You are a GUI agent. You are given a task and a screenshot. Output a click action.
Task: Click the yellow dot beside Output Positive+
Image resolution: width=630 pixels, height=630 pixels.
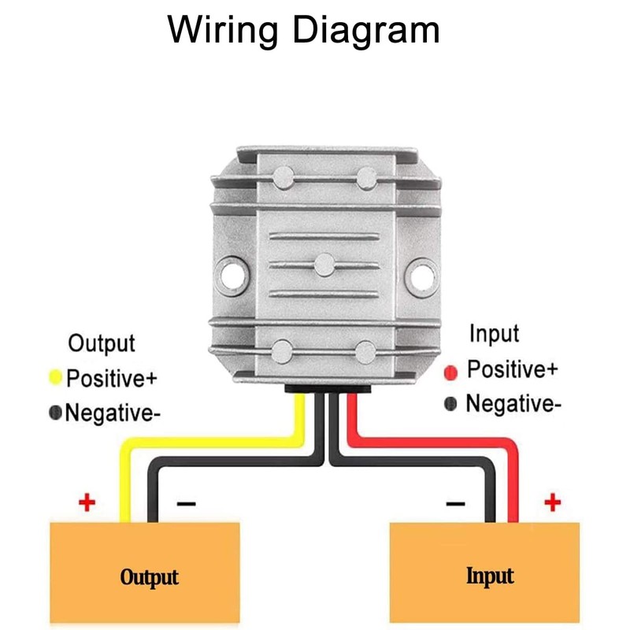[x=56, y=377]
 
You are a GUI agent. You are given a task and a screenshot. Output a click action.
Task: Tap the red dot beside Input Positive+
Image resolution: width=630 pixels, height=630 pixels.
[x=451, y=371]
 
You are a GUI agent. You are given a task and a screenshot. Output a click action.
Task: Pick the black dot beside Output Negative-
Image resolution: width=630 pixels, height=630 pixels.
[x=55, y=412]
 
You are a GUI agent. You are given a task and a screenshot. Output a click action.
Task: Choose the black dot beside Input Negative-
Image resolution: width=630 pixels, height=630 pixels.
[x=451, y=405]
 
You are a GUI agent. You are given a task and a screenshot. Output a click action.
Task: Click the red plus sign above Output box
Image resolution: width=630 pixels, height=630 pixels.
[x=87, y=501]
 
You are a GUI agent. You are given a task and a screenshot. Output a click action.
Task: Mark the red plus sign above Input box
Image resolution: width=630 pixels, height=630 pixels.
[x=553, y=501]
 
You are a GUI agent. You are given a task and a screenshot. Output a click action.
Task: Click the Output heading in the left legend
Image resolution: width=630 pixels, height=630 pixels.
[x=102, y=344]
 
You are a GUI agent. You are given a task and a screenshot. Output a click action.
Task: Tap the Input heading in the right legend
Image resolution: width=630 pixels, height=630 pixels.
[x=495, y=334]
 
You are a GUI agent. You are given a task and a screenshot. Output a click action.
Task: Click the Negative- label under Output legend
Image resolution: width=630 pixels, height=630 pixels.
[x=113, y=412]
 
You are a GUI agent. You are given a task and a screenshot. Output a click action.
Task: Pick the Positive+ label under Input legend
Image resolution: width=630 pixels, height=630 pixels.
[x=513, y=369]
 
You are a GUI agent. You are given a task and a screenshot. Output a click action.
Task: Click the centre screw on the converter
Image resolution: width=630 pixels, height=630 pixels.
[x=324, y=265]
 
